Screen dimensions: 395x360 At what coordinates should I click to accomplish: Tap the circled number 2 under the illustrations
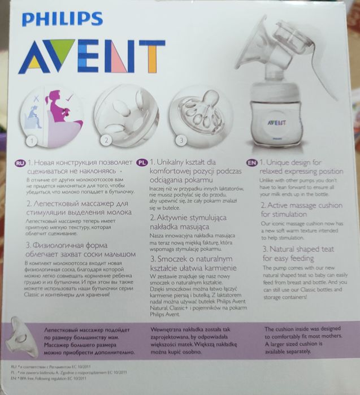click(105, 139)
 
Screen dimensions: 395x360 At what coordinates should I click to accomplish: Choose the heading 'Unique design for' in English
click(296, 162)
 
